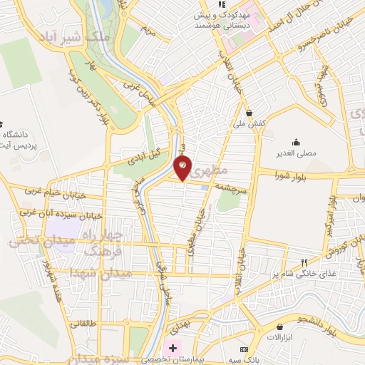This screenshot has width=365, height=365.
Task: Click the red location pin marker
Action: (183, 167)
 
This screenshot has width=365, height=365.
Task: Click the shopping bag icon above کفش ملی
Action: (249, 112)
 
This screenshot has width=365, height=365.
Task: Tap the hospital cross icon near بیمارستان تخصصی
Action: (171, 348)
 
